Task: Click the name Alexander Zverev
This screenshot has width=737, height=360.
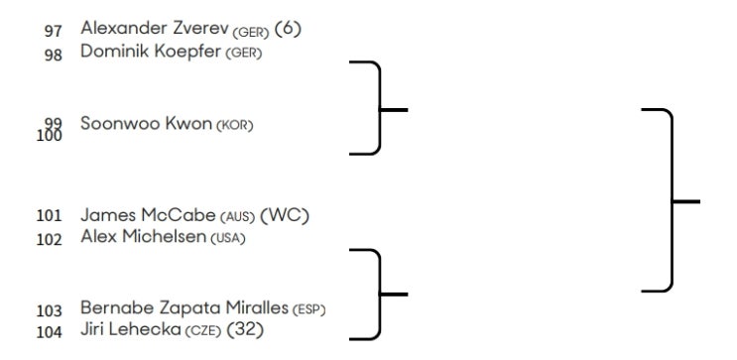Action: (155, 28)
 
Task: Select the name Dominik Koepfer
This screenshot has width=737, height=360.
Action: (151, 52)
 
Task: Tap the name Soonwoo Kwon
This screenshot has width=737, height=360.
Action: (146, 124)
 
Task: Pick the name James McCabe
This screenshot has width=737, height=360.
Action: (148, 215)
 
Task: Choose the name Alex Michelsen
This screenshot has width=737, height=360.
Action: (144, 236)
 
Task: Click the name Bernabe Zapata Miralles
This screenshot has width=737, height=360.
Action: (184, 307)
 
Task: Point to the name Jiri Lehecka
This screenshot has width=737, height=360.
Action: (131, 329)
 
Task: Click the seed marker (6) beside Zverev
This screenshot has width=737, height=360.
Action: (288, 29)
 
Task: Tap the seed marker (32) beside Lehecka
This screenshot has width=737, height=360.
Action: (245, 330)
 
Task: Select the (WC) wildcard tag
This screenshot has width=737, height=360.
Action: (285, 216)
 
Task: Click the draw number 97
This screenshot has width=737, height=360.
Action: (54, 31)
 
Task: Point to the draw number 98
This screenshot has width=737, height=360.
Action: (54, 55)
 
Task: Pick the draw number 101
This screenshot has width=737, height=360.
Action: (50, 216)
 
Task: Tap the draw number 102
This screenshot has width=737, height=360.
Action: (50, 240)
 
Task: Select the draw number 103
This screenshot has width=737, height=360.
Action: (50, 311)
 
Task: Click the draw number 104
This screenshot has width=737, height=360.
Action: (50, 333)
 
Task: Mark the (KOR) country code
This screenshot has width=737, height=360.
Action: (234, 126)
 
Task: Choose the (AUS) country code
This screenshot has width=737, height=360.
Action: (237, 217)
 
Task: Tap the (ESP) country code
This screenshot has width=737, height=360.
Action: (308, 310)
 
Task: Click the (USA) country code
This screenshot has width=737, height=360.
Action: (228, 239)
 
